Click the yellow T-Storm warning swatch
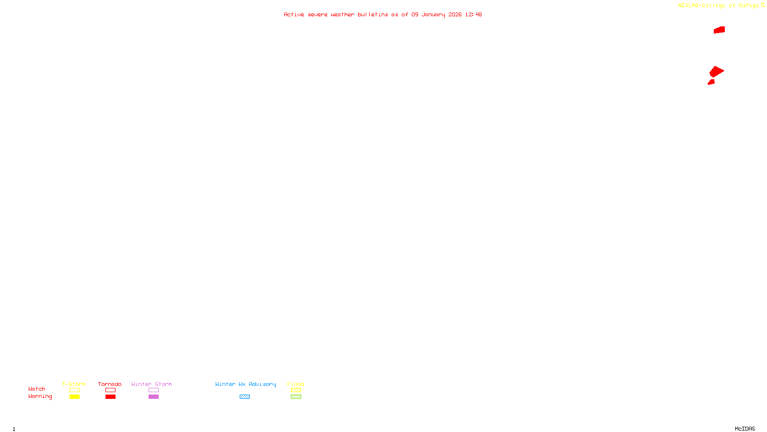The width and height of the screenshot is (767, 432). click(x=74, y=397)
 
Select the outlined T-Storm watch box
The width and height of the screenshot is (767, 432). click(x=74, y=390)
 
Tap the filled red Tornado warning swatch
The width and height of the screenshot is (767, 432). click(x=110, y=397)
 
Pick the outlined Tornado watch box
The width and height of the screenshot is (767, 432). click(x=110, y=390)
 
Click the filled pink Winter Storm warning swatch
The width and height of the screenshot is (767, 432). click(x=153, y=397)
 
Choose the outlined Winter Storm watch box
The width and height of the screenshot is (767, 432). click(x=153, y=390)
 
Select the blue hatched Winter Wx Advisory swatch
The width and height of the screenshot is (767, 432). click(x=244, y=397)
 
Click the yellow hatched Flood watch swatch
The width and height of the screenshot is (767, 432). click(x=296, y=390)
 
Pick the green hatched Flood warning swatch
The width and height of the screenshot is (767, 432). click(x=296, y=397)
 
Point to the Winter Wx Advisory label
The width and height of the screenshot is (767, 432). click(x=245, y=384)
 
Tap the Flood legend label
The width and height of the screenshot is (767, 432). click(x=296, y=384)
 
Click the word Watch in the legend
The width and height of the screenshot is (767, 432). click(x=37, y=389)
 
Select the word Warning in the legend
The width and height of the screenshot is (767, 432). click(x=40, y=396)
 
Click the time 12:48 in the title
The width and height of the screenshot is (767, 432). click(x=473, y=14)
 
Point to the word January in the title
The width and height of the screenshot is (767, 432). click(x=433, y=14)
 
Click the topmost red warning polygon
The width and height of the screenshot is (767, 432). click(x=719, y=30)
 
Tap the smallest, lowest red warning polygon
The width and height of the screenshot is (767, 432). click(x=711, y=82)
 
